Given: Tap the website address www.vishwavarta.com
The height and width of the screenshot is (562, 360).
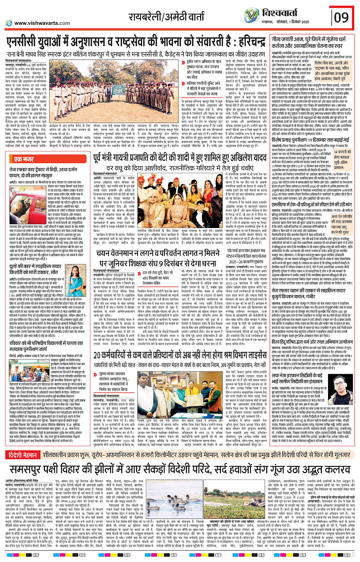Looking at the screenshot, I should (x=42, y=23).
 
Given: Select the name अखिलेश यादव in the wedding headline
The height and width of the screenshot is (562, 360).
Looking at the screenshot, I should (x=247, y=157).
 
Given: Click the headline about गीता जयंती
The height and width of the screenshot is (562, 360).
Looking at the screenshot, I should (x=312, y=42).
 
